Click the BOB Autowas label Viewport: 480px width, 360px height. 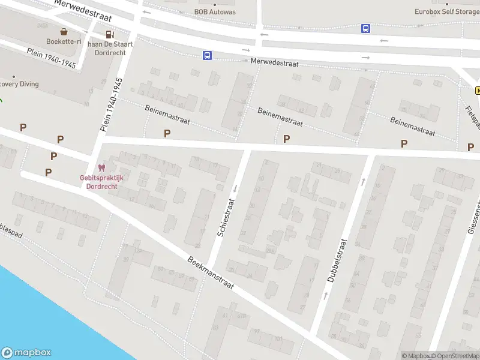tap(215, 12)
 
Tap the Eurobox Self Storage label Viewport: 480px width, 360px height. tap(447, 11)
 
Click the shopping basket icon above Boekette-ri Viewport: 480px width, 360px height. tap(63, 31)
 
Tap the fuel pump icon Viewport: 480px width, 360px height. tap(109, 34)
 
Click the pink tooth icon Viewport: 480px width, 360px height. tap(101, 169)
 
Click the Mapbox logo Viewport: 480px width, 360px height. tap(26, 353)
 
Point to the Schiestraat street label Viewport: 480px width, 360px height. tap(226, 217)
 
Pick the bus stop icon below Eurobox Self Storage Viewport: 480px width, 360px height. tap(365, 28)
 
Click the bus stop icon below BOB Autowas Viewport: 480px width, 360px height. tap(207, 55)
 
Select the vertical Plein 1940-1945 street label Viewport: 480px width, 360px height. tap(112, 104)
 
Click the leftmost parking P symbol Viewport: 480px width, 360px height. tap(23, 127)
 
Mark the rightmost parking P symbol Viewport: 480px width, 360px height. tap(470, 146)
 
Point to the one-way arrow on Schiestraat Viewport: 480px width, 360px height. tap(235, 189)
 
